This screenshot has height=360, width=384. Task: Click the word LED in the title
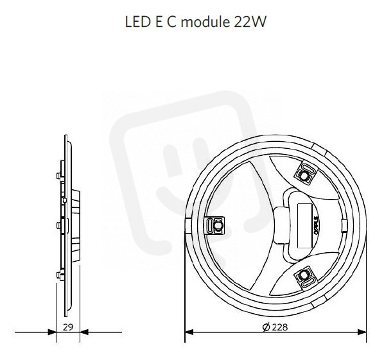(138, 22)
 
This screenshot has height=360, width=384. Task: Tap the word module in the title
(205, 22)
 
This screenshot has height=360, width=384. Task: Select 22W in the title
(250, 22)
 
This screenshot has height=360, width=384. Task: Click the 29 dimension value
(68, 327)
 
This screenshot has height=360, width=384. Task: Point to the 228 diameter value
(280, 327)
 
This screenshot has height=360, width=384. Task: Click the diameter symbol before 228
(266, 327)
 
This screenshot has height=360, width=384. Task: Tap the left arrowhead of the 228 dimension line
(189, 332)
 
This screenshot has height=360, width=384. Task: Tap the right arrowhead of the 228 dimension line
(362, 332)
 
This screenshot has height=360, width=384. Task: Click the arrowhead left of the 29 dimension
(53, 332)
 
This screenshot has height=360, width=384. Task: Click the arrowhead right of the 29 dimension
(84, 332)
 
